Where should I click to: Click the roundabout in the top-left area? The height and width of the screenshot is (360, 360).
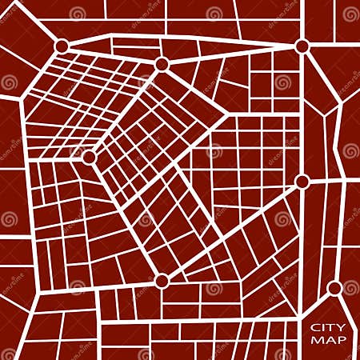pyautogui.click(x=62, y=46)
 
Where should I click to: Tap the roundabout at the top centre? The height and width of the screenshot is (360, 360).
pyautogui.click(x=162, y=64)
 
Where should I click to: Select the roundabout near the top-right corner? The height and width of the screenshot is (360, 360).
pyautogui.click(x=302, y=46)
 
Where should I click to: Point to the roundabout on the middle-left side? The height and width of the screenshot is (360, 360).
pyautogui.click(x=89, y=158)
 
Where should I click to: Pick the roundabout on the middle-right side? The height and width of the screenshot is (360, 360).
pyautogui.click(x=302, y=182)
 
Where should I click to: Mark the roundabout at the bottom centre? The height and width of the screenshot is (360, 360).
pyautogui.click(x=162, y=280)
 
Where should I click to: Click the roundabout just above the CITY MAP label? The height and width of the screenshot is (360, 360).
pyautogui.click(x=334, y=288)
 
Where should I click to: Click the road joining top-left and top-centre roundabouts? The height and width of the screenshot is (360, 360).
pyautogui.click(x=112, y=55)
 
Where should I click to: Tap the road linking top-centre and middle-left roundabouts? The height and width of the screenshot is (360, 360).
pyautogui.click(x=125, y=111)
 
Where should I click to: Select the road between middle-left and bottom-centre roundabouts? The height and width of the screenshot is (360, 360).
pyautogui.click(x=125, y=218)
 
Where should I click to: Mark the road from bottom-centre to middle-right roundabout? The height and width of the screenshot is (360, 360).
pyautogui.click(x=232, y=230)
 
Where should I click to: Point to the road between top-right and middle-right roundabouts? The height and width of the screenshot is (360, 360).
pyautogui.click(x=302, y=114)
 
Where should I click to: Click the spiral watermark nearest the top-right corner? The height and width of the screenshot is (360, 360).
pyautogui.click(x=350, y=14)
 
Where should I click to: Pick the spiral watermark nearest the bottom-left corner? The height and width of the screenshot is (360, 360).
pyautogui.click(x=9, y=353)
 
